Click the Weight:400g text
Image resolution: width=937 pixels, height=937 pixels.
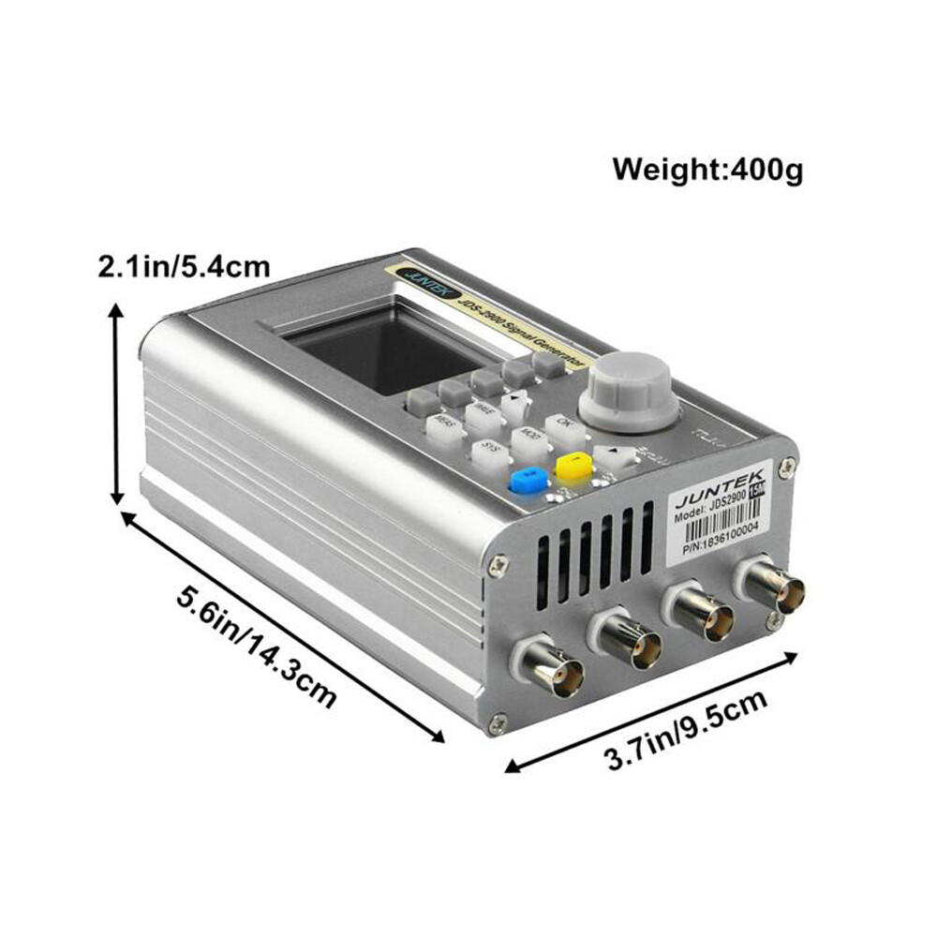click(707, 170)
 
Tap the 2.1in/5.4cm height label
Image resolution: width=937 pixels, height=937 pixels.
click(184, 266)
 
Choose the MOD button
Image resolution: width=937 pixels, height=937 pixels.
click(531, 439)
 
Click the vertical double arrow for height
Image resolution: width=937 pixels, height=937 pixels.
click(115, 404)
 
